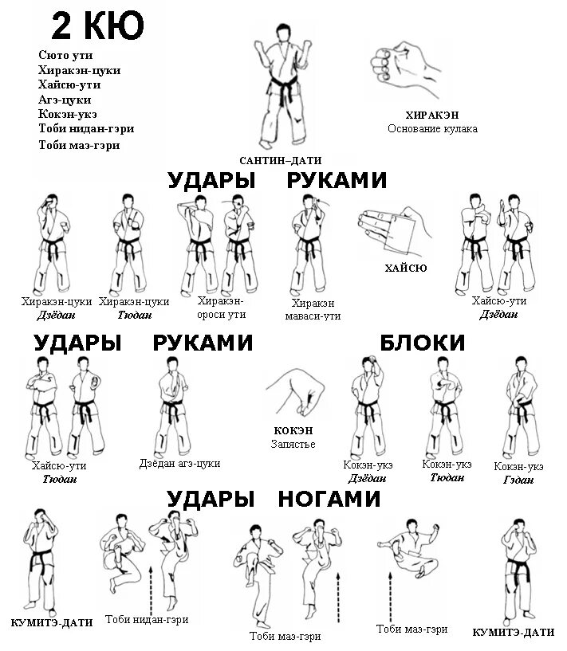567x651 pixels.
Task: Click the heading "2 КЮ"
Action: coord(97,25)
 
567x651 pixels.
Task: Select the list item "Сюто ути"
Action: coord(66,55)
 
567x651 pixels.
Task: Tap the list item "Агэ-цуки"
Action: coord(65,100)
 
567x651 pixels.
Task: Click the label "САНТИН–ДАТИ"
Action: coord(280,160)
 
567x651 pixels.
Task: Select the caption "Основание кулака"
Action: coord(432,129)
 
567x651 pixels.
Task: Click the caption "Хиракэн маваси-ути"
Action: coord(313,310)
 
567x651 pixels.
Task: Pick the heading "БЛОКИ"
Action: coord(422,343)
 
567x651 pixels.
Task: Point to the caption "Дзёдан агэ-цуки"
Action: coord(179,463)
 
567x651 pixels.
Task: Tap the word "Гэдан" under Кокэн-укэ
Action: coord(518,480)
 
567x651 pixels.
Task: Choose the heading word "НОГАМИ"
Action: coord(329,500)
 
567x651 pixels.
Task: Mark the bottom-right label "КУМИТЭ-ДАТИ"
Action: coord(513,632)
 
